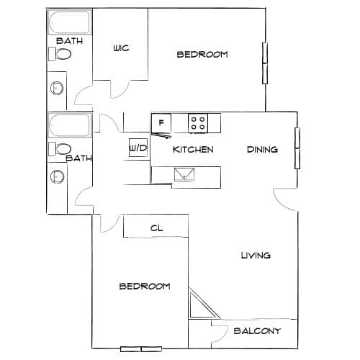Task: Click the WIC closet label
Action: [x=121, y=48]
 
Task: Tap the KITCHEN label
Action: [x=193, y=150]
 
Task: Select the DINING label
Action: [x=262, y=150]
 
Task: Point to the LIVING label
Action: [x=256, y=255]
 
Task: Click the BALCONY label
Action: [x=257, y=331]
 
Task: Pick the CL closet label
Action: [x=156, y=228]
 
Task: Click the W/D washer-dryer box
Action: [x=138, y=148]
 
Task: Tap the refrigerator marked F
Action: [x=161, y=123]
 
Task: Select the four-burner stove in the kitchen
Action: [x=198, y=123]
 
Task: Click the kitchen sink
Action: [x=184, y=174]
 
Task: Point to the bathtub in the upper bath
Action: [x=70, y=22]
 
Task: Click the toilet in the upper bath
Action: [x=60, y=54]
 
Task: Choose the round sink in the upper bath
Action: [x=57, y=88]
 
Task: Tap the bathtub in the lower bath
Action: [x=70, y=125]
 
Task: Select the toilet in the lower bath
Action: [x=60, y=149]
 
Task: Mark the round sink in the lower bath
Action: [x=57, y=176]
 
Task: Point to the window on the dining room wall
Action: [x=297, y=148]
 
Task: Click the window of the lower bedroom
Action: [x=141, y=349]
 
